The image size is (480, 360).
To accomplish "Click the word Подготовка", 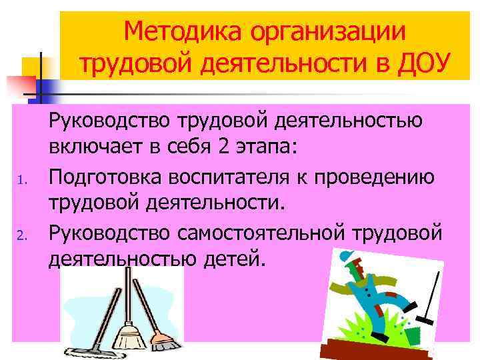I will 106,177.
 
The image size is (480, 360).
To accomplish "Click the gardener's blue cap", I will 346,256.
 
